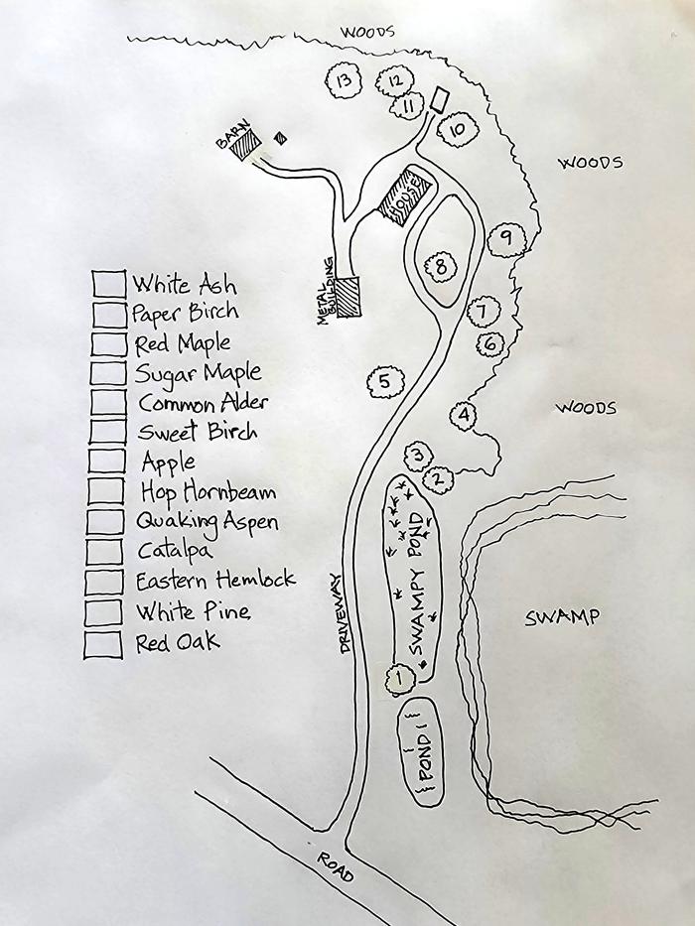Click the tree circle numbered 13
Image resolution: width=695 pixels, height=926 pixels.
(344, 81)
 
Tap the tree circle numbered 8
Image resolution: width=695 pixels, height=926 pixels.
(440, 266)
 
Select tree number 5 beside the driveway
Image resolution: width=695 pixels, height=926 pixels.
(385, 381)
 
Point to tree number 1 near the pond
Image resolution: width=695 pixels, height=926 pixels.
(397, 679)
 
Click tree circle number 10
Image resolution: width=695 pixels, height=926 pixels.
(457, 129)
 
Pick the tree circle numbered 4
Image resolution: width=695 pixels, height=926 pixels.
(464, 415)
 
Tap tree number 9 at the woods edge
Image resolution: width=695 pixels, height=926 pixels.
(506, 238)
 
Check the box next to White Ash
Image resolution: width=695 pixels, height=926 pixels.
(109, 284)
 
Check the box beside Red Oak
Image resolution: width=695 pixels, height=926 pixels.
(103, 643)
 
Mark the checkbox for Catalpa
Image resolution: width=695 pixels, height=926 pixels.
(104, 552)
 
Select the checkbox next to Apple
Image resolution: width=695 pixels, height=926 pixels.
(105, 463)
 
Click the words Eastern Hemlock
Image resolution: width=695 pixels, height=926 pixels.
(215, 580)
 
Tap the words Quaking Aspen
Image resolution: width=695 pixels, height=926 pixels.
(208, 522)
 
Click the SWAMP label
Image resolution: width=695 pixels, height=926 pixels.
(562, 617)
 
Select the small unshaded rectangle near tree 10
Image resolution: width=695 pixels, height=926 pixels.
(440, 101)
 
